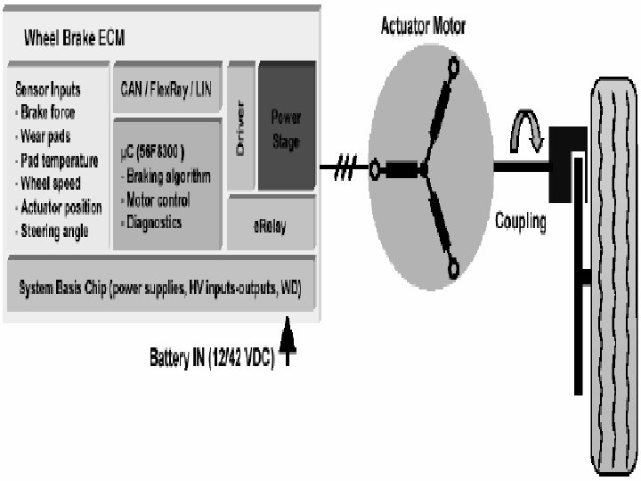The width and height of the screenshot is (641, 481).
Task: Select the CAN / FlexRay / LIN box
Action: coord(166,88)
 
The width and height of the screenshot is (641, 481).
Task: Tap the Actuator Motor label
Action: coord(423,26)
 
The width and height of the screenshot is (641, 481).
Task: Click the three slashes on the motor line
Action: coord(344,168)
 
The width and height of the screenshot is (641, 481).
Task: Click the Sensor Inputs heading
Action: coord(48,89)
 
